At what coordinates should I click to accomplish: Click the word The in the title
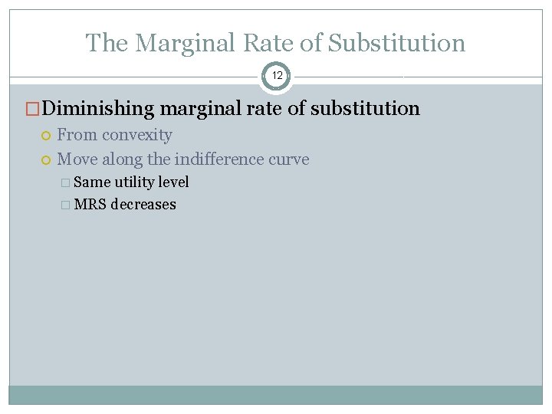107,43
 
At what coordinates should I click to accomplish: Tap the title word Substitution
396,43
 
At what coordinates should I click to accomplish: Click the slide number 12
276,76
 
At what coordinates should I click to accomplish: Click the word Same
92,182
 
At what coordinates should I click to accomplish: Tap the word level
173,182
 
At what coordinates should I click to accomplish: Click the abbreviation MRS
90,205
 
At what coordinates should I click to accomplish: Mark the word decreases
143,205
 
